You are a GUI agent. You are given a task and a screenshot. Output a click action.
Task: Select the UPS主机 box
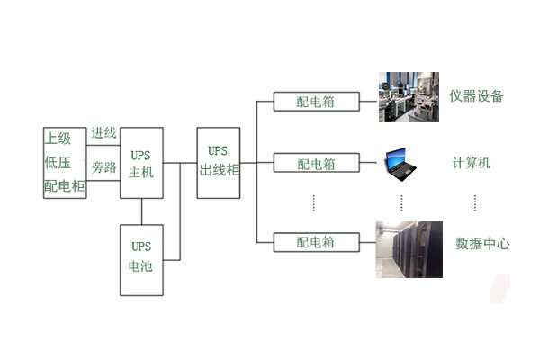coord(141,163)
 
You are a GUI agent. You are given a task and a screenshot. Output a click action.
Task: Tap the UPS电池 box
coord(141,259)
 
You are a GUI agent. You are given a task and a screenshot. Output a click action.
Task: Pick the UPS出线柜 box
coord(219,163)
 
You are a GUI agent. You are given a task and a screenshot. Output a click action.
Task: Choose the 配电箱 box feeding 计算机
coord(316,164)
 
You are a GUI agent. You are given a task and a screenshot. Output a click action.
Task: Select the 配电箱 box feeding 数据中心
coord(316,243)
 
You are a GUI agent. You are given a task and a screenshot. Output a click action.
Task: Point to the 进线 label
coord(103,133)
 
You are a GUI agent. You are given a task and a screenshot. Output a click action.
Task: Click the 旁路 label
coord(103,168)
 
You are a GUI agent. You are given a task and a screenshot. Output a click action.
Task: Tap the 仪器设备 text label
coord(477,96)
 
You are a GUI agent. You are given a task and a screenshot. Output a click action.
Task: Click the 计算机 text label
coord(471,164)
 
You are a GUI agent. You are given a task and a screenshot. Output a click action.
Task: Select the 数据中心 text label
coord(482,243)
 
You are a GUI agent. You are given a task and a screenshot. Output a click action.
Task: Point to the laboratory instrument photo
coord(408,97)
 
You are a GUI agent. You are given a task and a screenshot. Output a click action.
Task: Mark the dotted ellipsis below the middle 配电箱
coord(314,203)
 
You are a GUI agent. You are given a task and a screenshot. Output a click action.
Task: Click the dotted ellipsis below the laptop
coord(402,203)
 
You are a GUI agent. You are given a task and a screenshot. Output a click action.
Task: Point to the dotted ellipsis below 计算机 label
coord(474,203)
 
